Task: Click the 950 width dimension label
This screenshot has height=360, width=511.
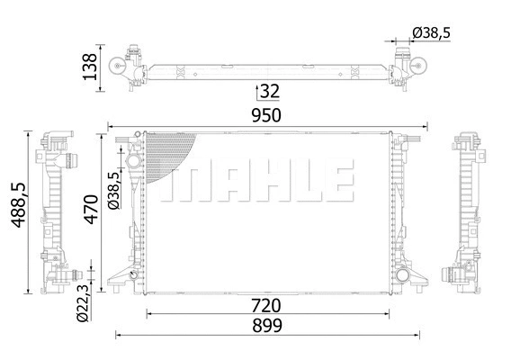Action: [x=266, y=116]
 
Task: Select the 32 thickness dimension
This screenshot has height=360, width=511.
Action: [x=270, y=91]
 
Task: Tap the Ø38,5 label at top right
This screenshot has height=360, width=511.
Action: [x=430, y=33]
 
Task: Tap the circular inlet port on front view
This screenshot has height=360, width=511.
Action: [x=133, y=162]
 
